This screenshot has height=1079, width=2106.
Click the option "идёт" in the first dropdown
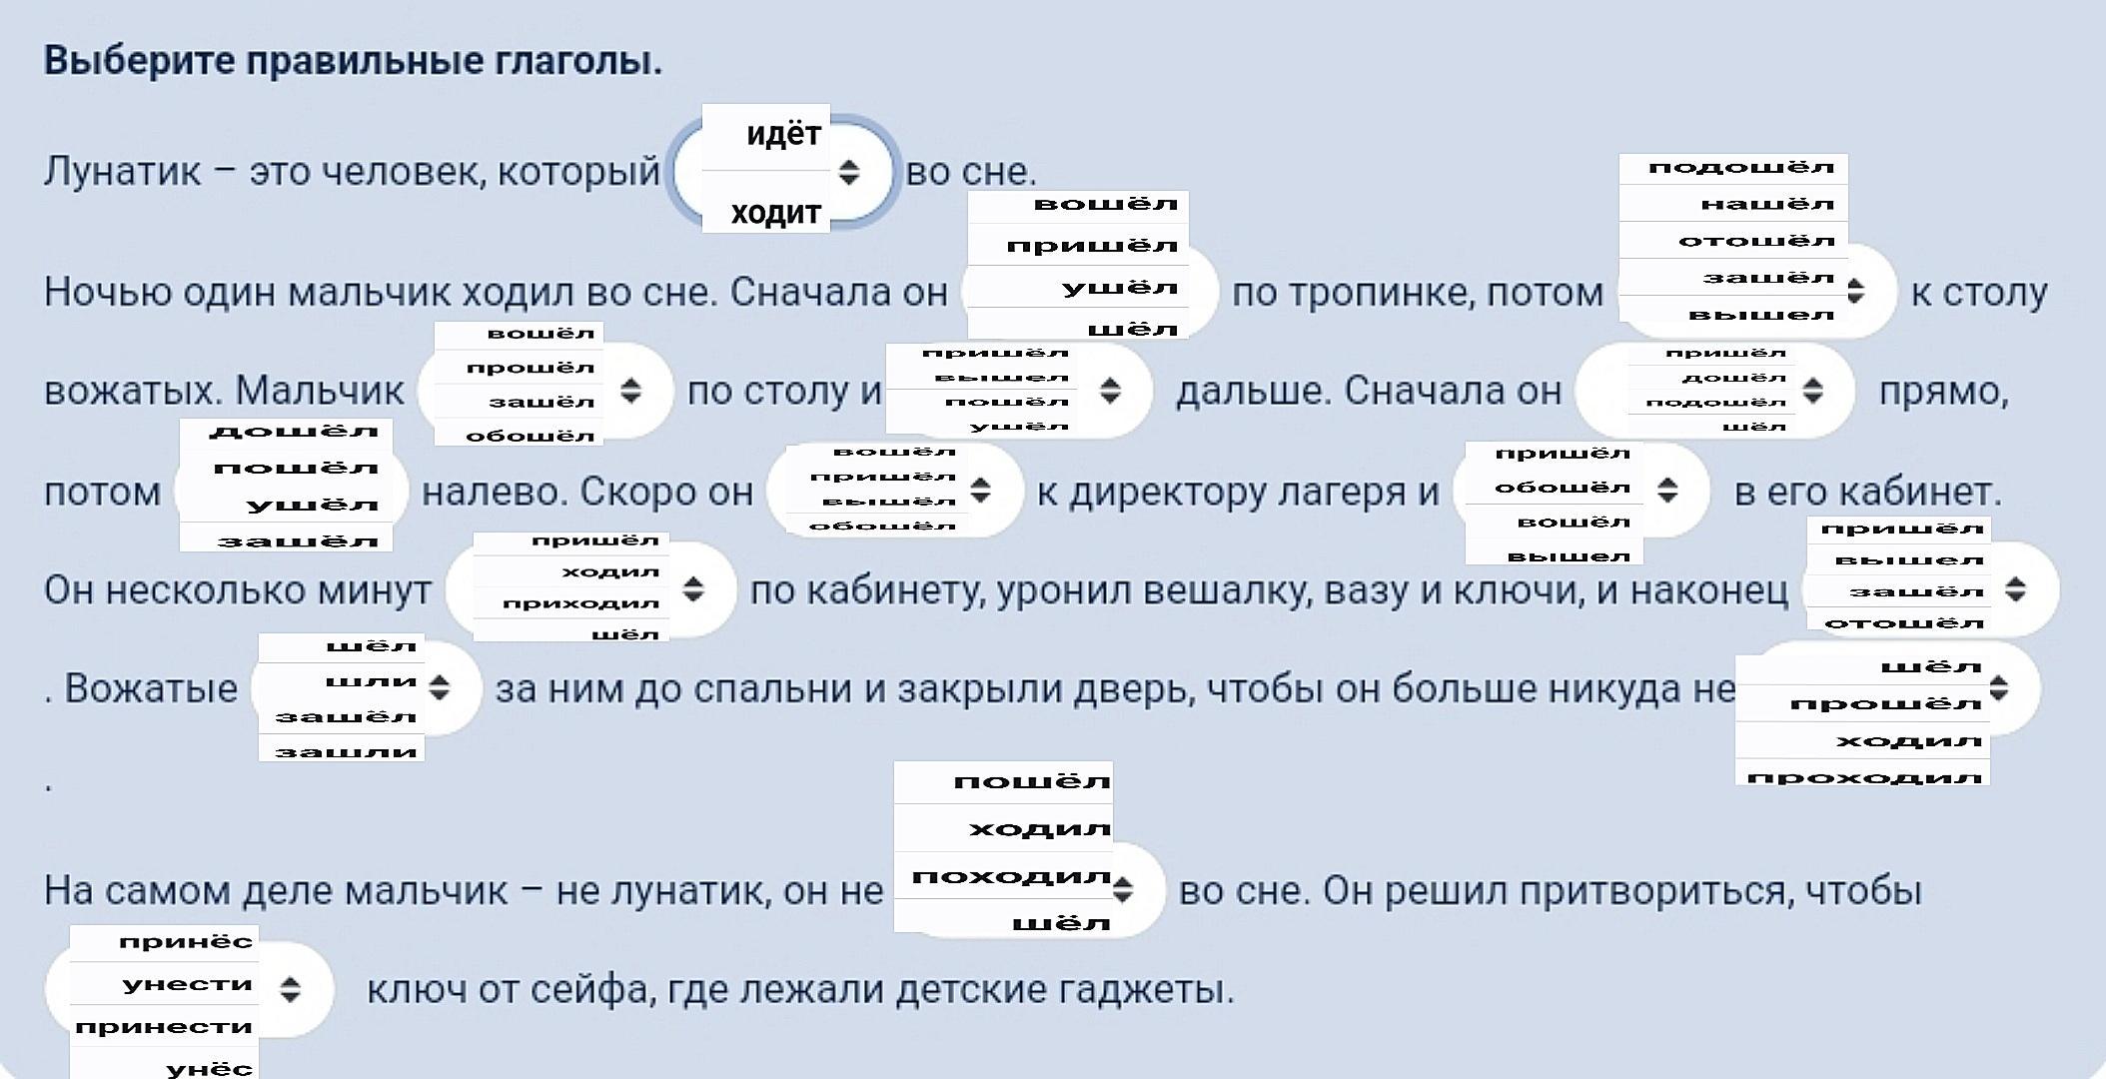tap(783, 135)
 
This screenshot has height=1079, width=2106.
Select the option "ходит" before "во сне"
tap(775, 213)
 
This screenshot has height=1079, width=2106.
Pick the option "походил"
tap(1011, 877)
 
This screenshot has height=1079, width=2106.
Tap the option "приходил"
tap(580, 603)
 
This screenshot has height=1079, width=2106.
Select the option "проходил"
tap(1865, 777)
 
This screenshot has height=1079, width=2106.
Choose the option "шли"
tap(371, 681)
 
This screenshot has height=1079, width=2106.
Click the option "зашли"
tap(346, 751)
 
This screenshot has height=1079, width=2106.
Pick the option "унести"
tap(187, 985)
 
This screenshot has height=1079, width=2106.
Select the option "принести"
tap(164, 1027)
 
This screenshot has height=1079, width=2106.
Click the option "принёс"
tap(186, 942)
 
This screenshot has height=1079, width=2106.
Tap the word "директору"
tap(1170, 492)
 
